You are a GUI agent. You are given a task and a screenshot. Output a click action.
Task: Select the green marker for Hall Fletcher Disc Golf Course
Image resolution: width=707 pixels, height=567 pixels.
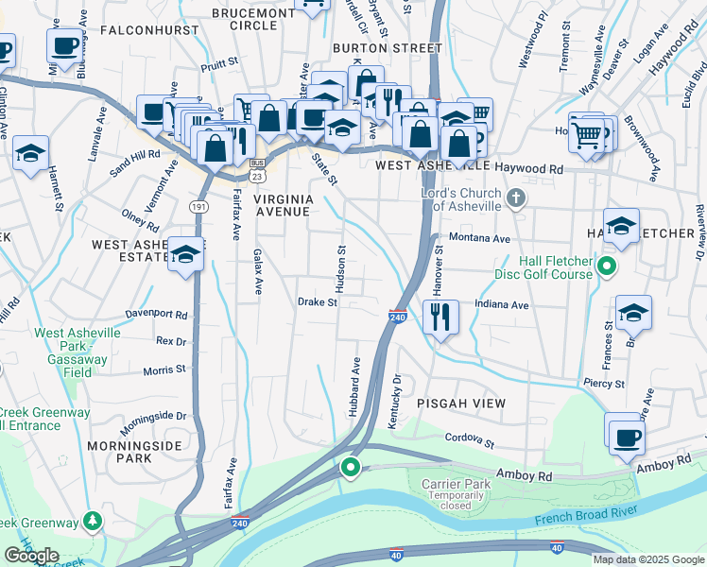pos(608,267)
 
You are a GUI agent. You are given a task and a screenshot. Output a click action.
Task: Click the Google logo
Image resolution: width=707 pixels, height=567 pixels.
pos(31,556)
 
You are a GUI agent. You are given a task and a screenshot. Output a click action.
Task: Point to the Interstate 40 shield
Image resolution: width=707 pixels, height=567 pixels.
pos(397,548)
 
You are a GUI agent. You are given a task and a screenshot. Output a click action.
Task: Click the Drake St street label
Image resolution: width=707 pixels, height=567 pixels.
pos(318,303)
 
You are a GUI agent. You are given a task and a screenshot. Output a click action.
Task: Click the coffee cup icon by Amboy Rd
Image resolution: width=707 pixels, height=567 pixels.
pos(626,437)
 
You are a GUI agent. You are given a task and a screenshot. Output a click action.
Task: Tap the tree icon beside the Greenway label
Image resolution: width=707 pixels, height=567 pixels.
pos(93,520)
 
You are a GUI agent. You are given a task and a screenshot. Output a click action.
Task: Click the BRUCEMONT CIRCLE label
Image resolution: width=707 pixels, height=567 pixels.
pos(244,19)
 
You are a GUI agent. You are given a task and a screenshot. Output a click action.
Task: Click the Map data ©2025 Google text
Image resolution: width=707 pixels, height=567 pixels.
pos(648,559)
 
